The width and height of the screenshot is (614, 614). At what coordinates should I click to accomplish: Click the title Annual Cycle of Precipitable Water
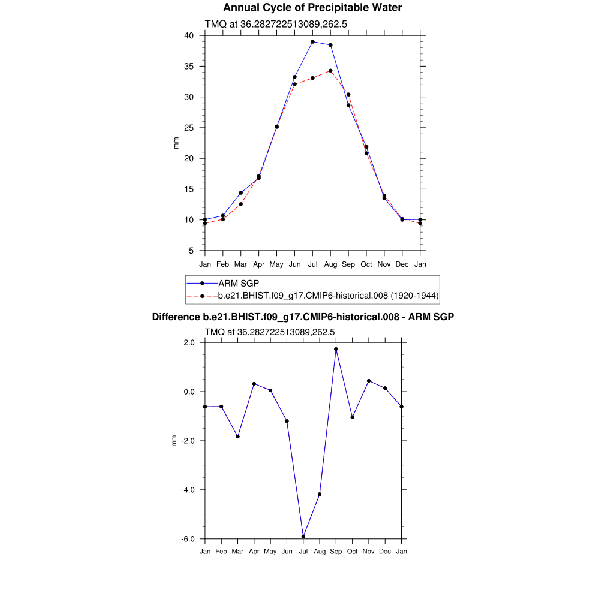[x=312, y=8]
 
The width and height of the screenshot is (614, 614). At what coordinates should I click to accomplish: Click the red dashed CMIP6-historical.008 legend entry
[x=329, y=296]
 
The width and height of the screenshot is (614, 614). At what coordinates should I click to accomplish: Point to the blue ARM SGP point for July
[x=312, y=42]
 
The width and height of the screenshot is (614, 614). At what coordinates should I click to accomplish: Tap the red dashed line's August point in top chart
[x=330, y=71]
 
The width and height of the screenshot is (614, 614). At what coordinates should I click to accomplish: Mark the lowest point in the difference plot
[x=303, y=537]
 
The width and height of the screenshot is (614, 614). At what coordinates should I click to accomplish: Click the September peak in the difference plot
[x=336, y=349]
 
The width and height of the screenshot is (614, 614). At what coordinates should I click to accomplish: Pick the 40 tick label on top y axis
[x=189, y=35]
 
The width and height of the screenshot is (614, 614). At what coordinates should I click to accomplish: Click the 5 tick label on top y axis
[x=191, y=251]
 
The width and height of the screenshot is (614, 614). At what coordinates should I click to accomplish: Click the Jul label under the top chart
[x=312, y=264]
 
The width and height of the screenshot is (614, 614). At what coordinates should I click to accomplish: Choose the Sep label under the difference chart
[x=336, y=551]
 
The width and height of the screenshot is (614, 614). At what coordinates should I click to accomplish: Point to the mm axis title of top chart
[x=176, y=143]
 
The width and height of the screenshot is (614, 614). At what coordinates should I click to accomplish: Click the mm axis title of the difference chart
[x=174, y=441]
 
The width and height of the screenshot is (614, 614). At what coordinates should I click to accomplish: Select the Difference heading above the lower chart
[x=303, y=317]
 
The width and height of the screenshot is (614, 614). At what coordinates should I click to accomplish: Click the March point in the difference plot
[x=238, y=437]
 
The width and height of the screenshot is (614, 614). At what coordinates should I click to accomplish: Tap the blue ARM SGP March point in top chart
[x=240, y=193]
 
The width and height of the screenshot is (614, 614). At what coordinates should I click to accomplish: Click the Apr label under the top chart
[x=258, y=264]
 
